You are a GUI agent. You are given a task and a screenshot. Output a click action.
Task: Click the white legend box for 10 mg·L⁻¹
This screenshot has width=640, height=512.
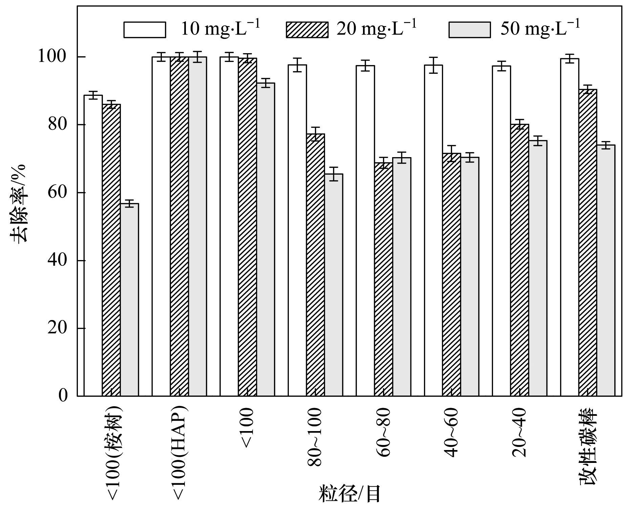point(145,29)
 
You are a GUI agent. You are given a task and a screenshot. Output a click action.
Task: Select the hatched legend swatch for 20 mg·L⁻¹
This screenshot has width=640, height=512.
point(307,29)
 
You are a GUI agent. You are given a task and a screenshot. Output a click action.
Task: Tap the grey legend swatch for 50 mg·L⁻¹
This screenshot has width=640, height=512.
point(469,29)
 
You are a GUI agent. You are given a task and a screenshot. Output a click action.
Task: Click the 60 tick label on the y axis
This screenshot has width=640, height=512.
point(57,192)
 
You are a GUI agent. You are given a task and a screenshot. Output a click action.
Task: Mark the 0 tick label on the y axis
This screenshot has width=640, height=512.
point(63,396)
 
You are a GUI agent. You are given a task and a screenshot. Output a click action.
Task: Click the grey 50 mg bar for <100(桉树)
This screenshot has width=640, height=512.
point(129,300)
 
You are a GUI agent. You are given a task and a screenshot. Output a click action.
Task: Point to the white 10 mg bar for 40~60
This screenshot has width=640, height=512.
point(433,230)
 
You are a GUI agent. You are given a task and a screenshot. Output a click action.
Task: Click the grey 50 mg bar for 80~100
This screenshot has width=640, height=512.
point(334,284)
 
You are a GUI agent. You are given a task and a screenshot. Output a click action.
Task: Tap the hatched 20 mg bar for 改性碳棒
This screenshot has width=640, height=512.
point(588,242)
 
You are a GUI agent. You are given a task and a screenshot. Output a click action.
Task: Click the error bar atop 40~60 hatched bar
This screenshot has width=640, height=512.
point(451,153)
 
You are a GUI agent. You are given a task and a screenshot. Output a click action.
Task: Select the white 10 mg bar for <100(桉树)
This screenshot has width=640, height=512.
point(93,246)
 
